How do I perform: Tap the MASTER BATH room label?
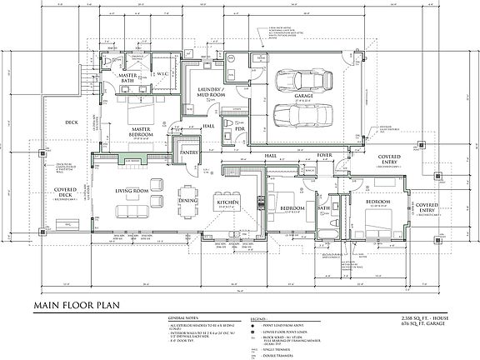click(x=128, y=78)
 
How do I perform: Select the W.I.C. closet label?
click(x=163, y=73)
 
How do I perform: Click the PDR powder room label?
click(x=238, y=129)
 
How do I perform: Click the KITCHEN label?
click(x=228, y=202)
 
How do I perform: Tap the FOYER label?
click(x=322, y=154)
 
